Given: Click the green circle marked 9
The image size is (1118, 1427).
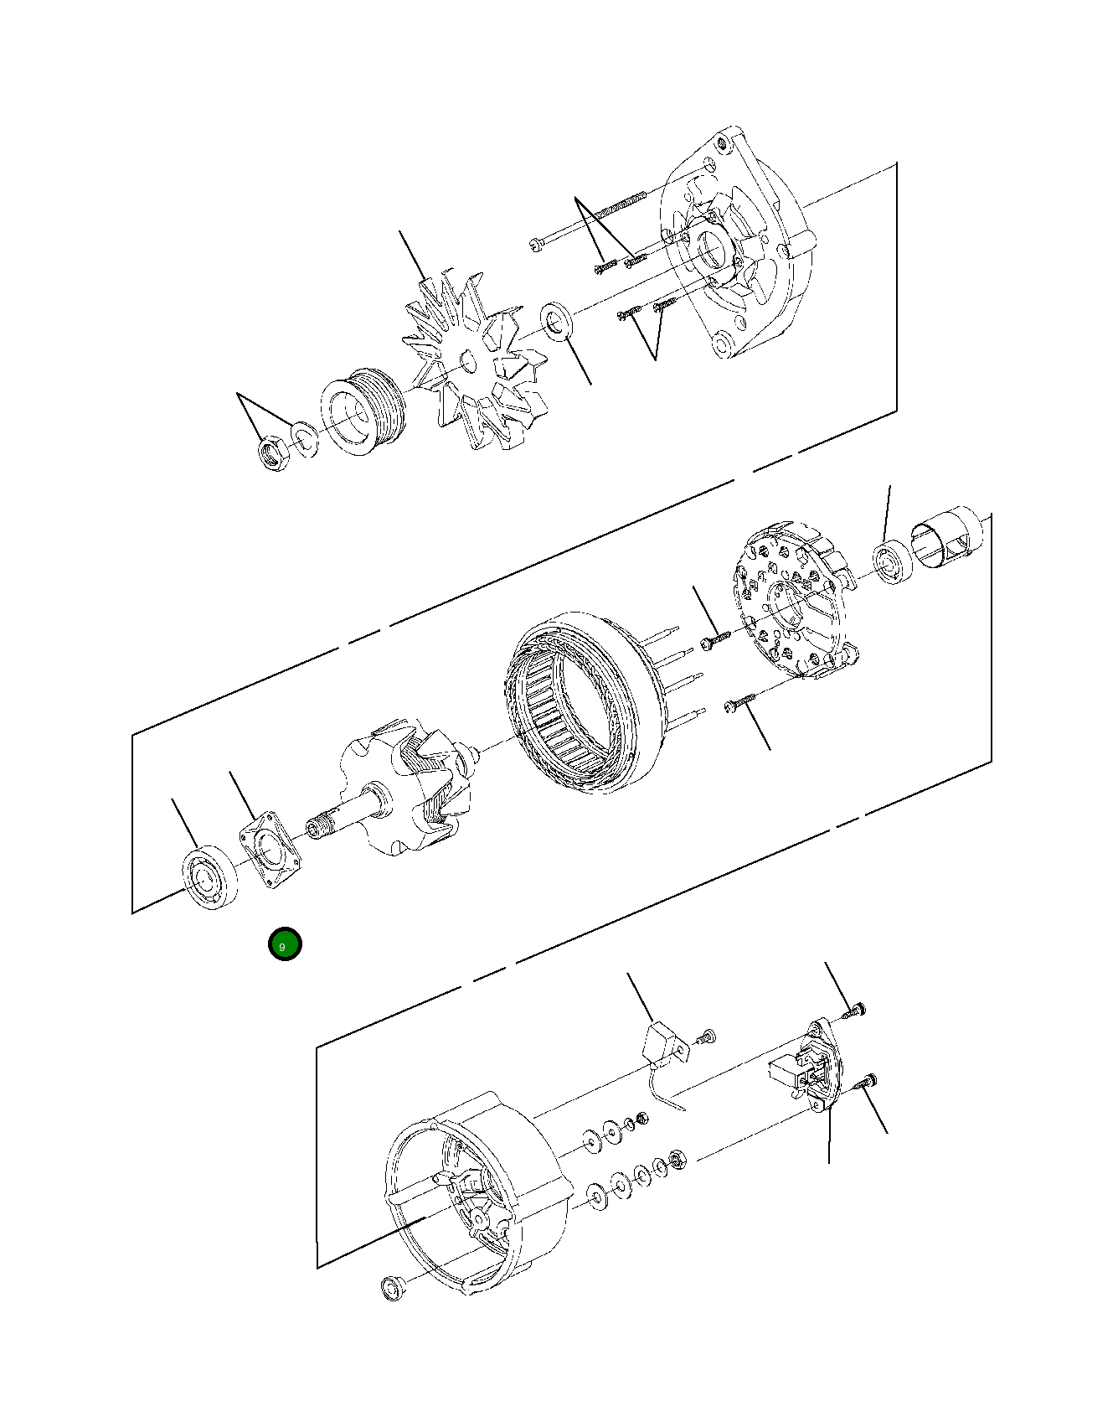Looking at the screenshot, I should click(x=285, y=944).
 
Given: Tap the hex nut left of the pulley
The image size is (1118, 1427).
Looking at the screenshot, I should click(x=273, y=452).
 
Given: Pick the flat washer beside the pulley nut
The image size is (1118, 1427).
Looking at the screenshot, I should click(x=305, y=438).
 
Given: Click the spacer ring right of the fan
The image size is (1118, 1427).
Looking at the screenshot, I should click(x=556, y=321).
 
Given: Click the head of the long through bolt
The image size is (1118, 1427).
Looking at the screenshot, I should click(x=537, y=245).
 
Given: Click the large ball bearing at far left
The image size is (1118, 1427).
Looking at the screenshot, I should click(x=209, y=877).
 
